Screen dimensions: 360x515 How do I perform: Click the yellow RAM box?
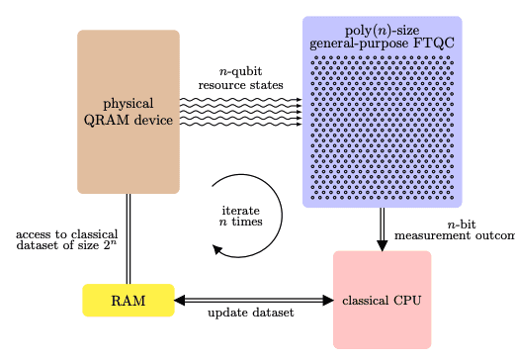coord(128,301)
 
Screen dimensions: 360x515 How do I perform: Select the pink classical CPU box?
coord(382,300)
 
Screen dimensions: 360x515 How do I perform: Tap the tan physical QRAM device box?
coord(129,148)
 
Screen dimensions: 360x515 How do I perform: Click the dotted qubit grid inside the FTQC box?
coord(382,129)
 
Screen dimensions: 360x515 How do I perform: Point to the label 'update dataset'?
coord(250,314)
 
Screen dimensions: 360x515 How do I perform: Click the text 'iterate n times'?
coord(241,217)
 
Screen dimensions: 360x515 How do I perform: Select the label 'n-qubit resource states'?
coord(240,78)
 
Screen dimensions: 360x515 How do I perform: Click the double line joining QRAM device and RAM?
coord(129,238)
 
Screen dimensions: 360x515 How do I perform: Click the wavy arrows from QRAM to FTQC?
coord(240,112)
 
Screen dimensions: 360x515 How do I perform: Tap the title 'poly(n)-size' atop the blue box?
coord(382,29)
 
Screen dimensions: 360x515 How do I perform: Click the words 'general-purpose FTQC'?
coord(382,44)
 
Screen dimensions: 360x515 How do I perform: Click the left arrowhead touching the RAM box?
coord(181,300)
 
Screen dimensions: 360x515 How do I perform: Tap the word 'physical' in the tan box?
coord(129,103)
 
